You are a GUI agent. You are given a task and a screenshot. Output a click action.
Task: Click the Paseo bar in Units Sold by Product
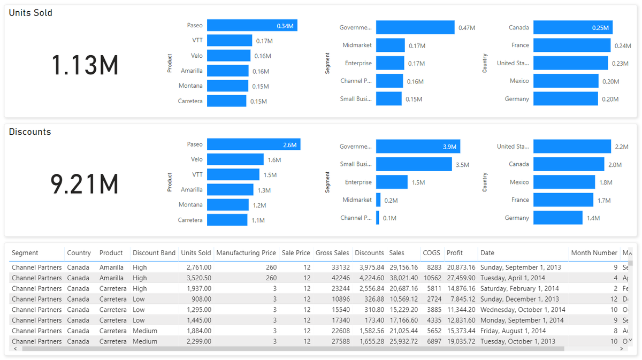[252, 26]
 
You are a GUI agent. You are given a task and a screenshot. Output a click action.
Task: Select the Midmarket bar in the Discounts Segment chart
[378, 200]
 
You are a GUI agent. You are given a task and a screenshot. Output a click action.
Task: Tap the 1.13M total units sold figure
[85, 66]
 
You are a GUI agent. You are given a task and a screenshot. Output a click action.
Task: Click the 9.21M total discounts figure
[85, 185]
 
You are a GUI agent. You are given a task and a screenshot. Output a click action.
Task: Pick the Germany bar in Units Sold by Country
[565, 99]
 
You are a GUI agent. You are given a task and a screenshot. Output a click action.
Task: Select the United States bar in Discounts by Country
[572, 147]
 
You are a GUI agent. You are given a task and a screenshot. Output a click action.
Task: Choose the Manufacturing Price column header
[246, 253]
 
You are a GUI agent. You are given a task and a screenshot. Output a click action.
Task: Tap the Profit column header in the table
[455, 253]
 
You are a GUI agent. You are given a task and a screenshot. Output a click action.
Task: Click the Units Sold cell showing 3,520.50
[196, 278]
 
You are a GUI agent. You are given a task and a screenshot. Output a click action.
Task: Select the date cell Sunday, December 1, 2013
[519, 299]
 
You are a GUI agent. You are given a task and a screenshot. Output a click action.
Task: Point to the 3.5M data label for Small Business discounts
[462, 165]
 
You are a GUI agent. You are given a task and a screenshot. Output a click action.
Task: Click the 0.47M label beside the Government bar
[467, 28]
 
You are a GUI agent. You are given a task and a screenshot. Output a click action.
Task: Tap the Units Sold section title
[30, 13]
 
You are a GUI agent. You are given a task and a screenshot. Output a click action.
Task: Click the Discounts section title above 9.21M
[30, 132]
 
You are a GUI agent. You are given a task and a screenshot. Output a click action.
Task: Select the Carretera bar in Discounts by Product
[227, 220]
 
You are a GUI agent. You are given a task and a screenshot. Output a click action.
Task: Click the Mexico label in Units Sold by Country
[519, 81]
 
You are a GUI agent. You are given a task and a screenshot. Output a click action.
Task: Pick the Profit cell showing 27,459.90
[461, 278]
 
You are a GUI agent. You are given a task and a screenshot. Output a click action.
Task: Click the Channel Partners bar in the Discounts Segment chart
[378, 218]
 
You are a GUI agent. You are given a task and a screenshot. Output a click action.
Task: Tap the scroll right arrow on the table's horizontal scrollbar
[622, 349]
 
